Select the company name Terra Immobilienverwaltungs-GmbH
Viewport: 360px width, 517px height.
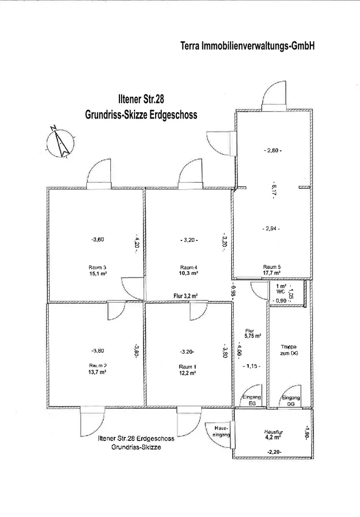click(247, 46)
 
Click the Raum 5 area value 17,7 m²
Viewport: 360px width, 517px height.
click(272, 273)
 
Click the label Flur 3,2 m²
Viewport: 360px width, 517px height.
click(186, 296)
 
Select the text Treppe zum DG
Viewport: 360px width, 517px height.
click(289, 350)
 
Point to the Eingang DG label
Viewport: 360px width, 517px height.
click(290, 401)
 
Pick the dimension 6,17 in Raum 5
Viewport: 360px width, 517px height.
click(273, 190)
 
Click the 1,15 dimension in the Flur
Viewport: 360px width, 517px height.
click(252, 366)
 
